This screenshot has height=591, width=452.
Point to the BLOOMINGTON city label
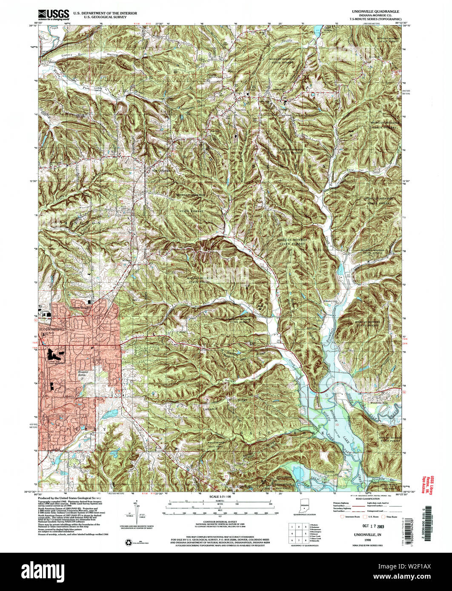coord(50,330)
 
